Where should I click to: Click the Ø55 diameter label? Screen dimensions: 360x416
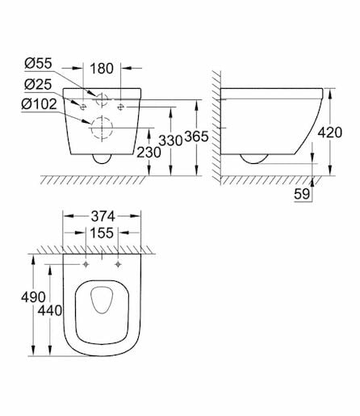pyautogui.click(x=38, y=64)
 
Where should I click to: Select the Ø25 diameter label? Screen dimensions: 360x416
pyautogui.click(x=38, y=85)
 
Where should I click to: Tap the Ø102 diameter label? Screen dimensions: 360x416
pyautogui.click(x=40, y=104)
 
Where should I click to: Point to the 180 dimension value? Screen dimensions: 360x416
pyautogui.click(x=102, y=69)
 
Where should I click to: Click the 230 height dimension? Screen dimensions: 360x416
pyautogui.click(x=149, y=153)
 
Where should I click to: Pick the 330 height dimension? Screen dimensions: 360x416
pyautogui.click(x=170, y=141)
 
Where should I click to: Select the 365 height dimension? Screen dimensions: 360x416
pyautogui.click(x=197, y=137)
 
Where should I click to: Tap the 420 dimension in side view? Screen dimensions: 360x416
pyautogui.click(x=330, y=132)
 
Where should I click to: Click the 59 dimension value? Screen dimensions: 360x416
pyautogui.click(x=302, y=194)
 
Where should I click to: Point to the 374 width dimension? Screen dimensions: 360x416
pyautogui.click(x=103, y=216)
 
